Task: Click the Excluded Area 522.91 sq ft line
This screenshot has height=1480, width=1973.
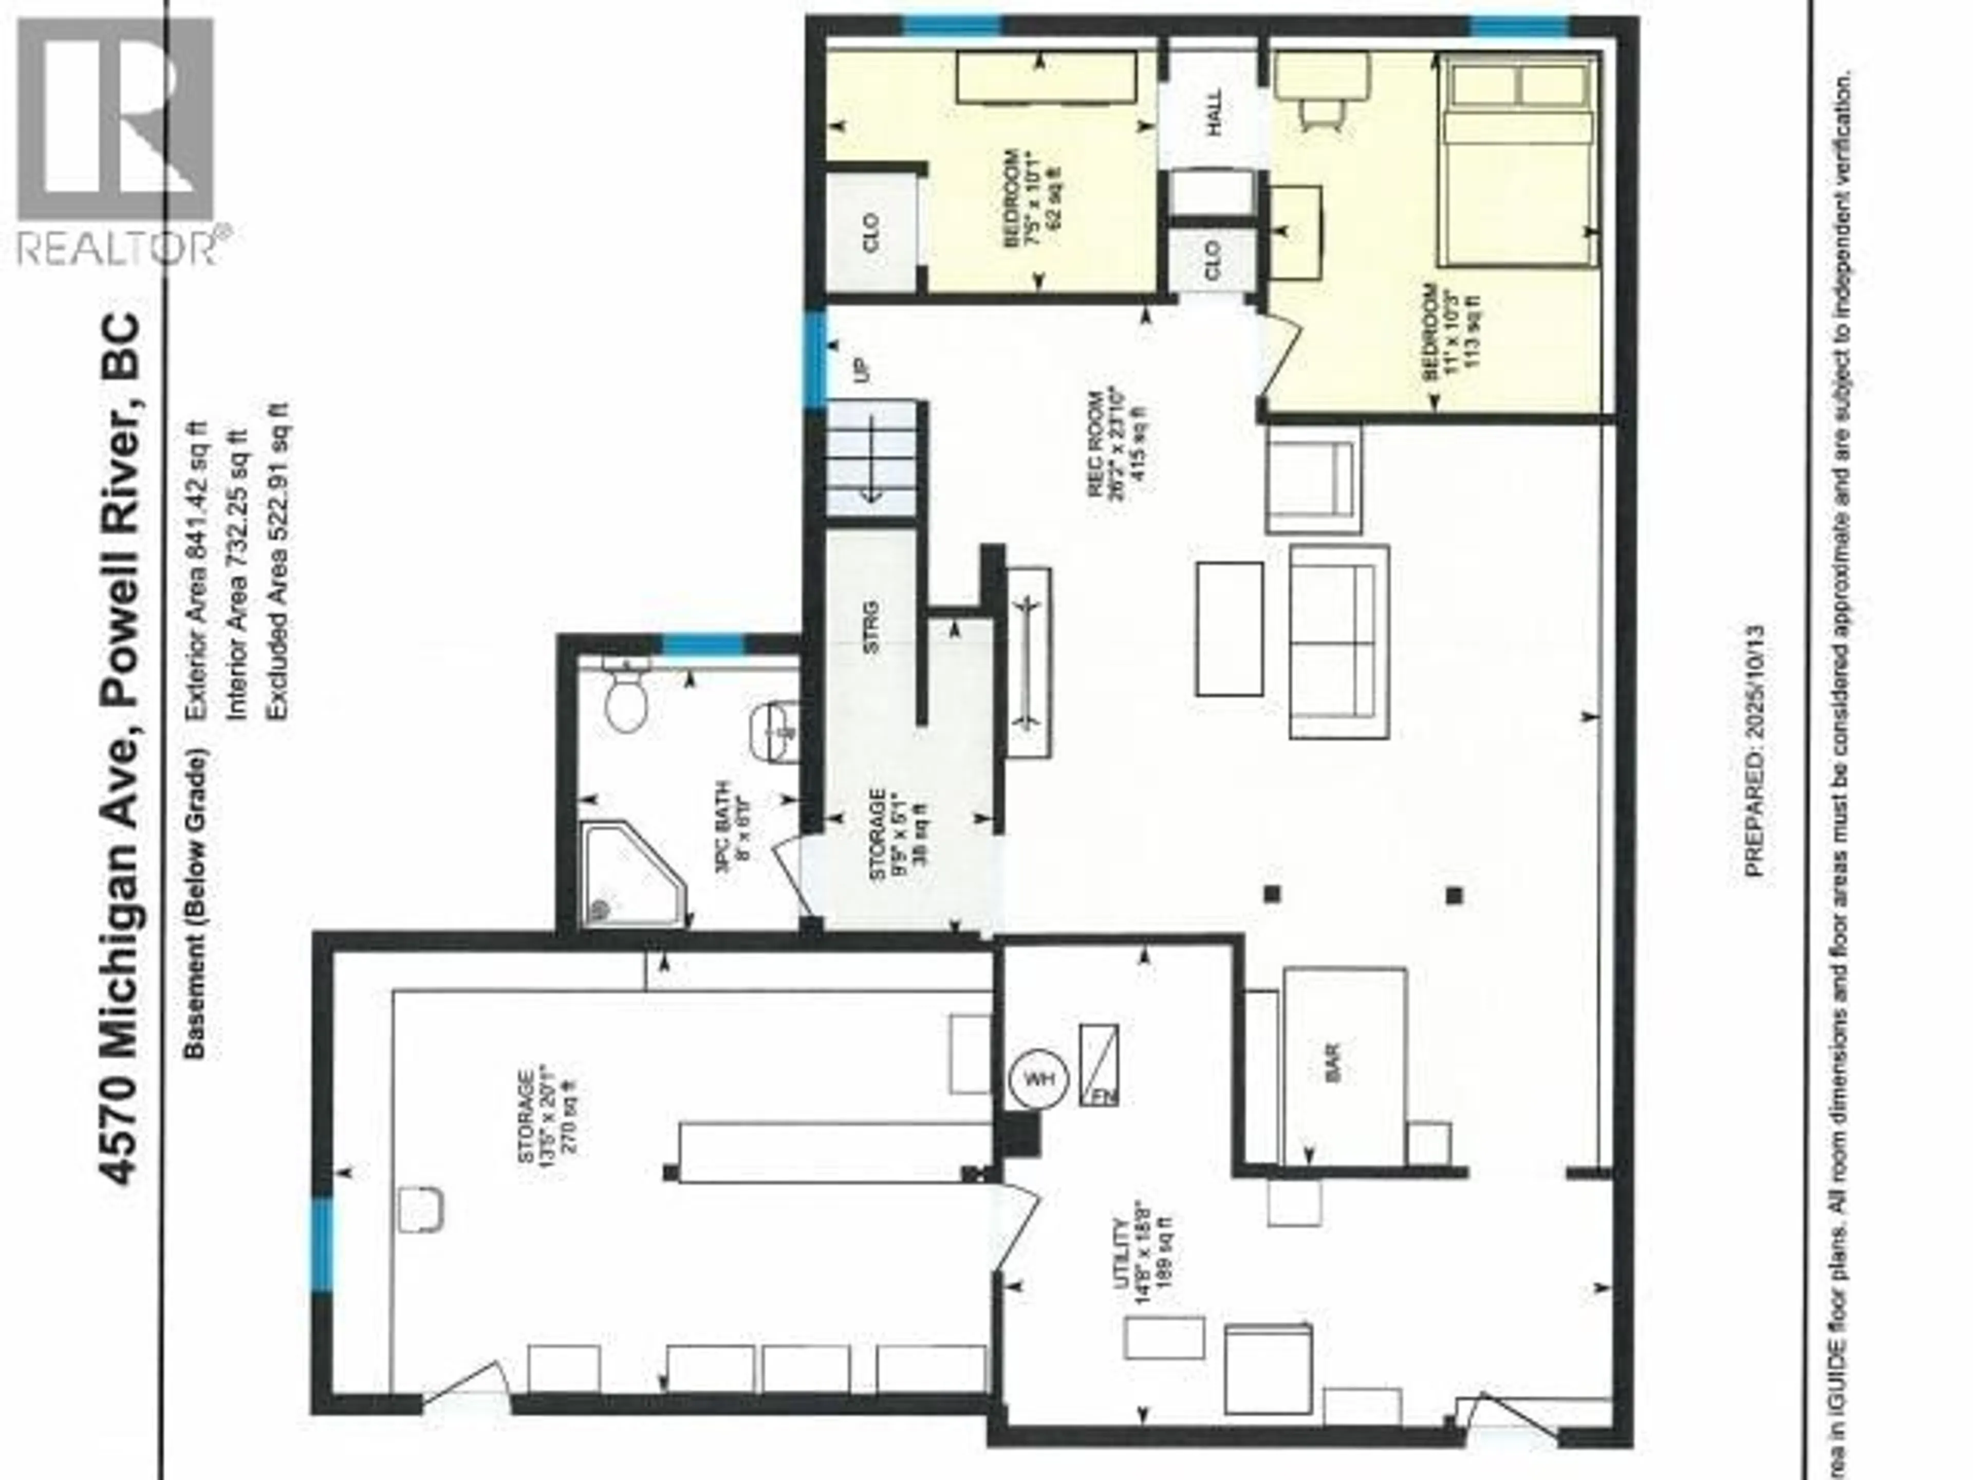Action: click(x=278, y=562)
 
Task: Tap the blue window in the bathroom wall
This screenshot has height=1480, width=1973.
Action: click(x=703, y=644)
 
